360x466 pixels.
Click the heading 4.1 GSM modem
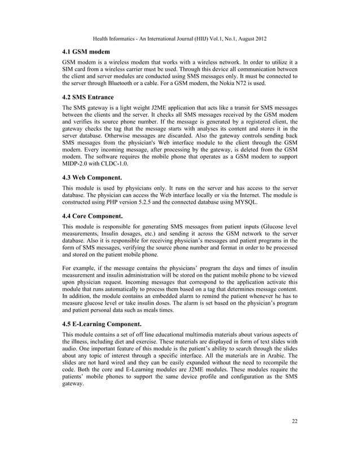click(86, 51)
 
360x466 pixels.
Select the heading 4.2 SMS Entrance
click(87, 97)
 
